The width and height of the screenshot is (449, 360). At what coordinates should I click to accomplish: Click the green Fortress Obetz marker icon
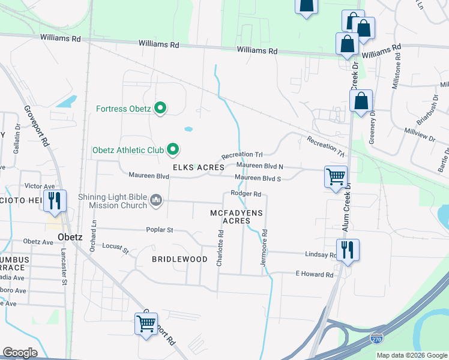coord(160,109)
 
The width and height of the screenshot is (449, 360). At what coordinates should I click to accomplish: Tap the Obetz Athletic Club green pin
coord(173,149)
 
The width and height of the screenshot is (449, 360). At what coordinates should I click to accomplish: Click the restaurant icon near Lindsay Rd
coord(348,250)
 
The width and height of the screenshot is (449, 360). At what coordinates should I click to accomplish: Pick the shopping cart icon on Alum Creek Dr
coord(336,176)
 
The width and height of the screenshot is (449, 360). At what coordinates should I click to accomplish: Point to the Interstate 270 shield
coord(377,339)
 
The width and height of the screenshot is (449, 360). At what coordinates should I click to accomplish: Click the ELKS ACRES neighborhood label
coord(199,167)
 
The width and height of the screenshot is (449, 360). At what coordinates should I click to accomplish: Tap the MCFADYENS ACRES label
coord(237,217)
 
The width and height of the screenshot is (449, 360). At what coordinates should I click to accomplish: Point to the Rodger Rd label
coord(246,194)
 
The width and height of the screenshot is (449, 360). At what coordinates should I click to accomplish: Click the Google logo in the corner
coord(20,352)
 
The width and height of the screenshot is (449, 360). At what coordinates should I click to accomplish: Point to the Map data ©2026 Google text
coord(411,355)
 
